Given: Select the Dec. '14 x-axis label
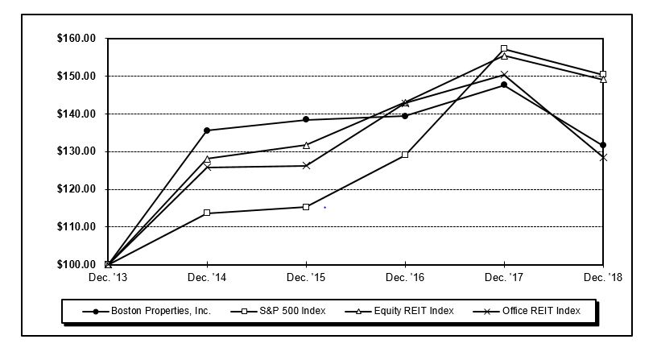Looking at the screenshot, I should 207,277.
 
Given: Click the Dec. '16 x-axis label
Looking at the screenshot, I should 405,277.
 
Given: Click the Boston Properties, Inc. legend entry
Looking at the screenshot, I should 161,311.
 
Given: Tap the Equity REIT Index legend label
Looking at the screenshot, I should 419,311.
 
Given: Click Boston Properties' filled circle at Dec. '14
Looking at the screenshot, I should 207,130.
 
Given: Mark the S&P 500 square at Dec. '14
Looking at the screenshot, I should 207,213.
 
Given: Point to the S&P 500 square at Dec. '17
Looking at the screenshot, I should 504,48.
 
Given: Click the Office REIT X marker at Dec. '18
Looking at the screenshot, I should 603,157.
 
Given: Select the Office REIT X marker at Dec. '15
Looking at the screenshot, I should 306,165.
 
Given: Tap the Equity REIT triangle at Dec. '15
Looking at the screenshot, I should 306,145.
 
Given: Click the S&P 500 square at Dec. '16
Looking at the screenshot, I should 405,155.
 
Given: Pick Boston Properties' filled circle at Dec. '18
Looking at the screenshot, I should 603,145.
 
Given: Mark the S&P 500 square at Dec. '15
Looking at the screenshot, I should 306,207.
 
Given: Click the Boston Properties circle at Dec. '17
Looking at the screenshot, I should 504,85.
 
